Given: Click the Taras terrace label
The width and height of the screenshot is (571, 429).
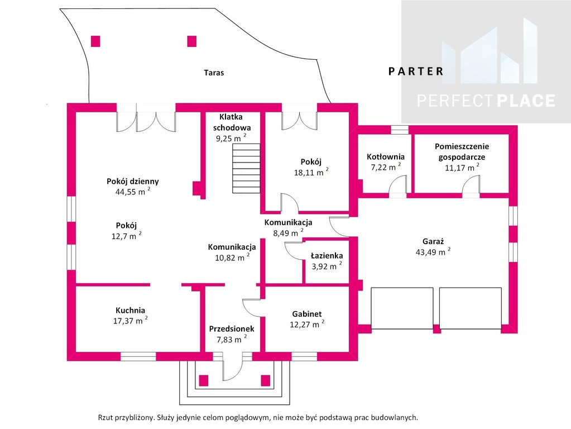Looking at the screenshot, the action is (214, 73).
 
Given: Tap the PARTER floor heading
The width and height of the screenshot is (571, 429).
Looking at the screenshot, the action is (416, 71).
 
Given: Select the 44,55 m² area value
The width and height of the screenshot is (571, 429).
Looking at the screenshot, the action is (133, 192).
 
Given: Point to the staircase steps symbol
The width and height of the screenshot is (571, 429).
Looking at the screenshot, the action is (246, 168).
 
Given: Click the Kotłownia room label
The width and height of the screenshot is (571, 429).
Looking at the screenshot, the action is (386, 157).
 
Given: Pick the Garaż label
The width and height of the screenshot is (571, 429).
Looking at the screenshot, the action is (433, 241).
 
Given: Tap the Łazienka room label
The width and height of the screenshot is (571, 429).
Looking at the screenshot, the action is (327, 256).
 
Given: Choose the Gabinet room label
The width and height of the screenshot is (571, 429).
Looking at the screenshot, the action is (307, 314).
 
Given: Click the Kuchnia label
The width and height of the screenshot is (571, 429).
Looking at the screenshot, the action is (131, 311).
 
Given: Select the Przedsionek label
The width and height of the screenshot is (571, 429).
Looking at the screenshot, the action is (232, 329).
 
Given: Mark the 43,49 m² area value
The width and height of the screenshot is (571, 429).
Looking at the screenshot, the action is (433, 251).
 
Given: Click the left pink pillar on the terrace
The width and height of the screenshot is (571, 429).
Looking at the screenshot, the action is (95, 41).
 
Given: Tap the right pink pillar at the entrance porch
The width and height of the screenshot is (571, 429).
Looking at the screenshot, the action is (266, 380).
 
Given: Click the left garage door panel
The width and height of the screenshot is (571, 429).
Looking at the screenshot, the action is (402, 308).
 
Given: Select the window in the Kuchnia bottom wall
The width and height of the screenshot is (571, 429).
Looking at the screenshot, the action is (138, 356).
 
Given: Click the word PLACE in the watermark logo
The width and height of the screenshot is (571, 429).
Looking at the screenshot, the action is (526, 101).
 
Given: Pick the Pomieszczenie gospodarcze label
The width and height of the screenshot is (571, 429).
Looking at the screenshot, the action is (462, 151).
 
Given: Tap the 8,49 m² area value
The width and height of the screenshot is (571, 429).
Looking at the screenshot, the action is (288, 232).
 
